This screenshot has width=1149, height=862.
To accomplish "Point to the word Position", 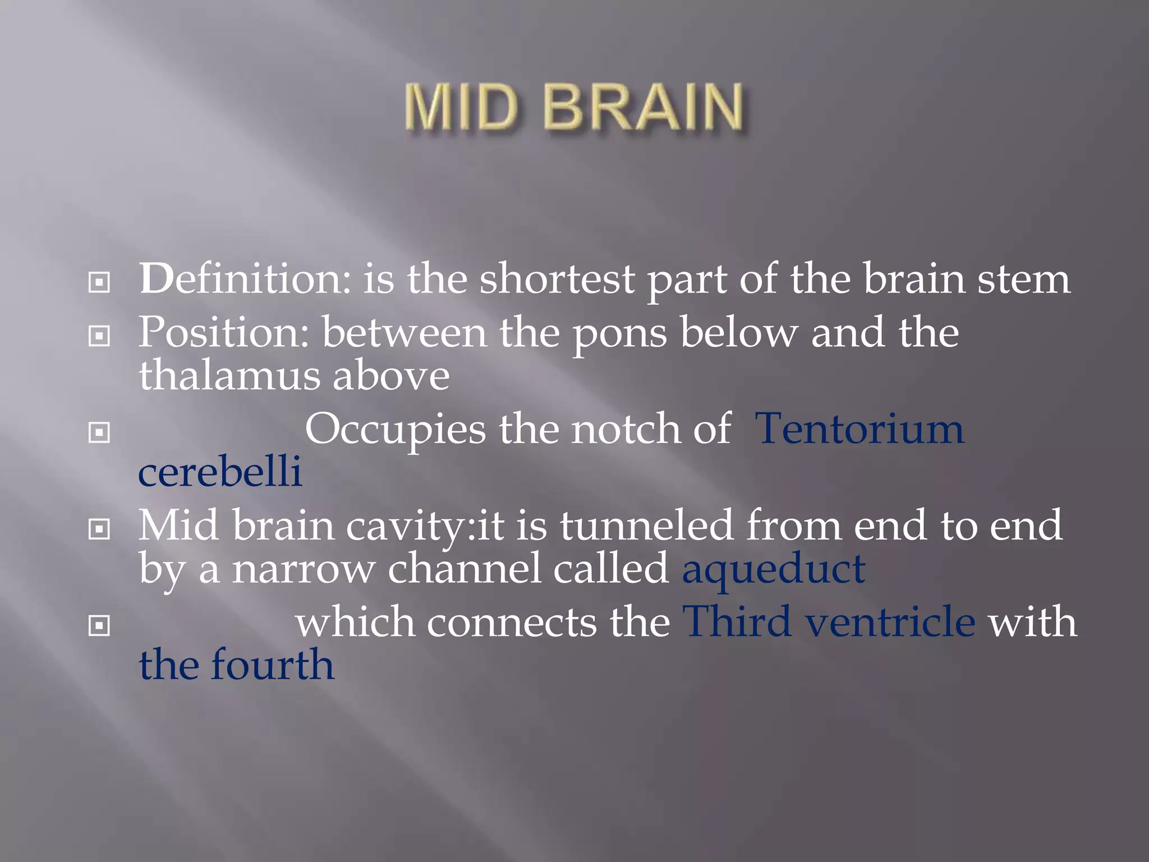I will (x=223, y=332).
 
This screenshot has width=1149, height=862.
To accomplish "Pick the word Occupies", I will (x=395, y=430).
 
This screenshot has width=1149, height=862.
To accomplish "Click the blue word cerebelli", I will (x=220, y=471).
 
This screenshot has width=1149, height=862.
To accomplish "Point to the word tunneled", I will (x=646, y=525).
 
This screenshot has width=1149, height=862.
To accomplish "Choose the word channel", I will (x=465, y=568).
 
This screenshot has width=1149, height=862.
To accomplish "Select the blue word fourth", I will (x=272, y=664).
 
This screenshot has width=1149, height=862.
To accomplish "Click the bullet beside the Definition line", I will (x=99, y=282).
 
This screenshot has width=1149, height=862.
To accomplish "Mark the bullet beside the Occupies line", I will (x=99, y=433).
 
